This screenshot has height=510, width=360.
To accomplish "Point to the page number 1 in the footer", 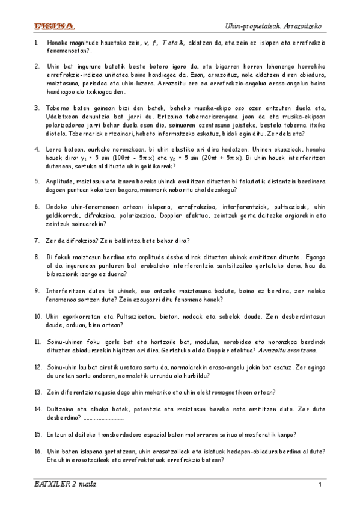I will pos(321,485).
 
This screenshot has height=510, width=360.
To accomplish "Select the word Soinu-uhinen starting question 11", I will pos(66,340).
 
